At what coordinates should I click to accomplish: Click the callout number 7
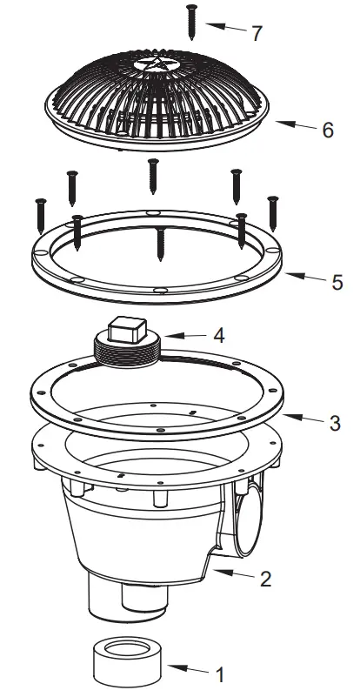pos(256,34)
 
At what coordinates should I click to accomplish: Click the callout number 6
pos(327,131)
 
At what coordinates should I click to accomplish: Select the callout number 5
pos(337,282)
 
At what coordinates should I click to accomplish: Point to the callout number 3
pos(335,423)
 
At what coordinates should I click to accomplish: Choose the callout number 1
pos(220,674)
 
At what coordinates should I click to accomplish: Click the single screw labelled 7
pos(190,21)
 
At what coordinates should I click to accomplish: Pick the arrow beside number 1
pos(187,669)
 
